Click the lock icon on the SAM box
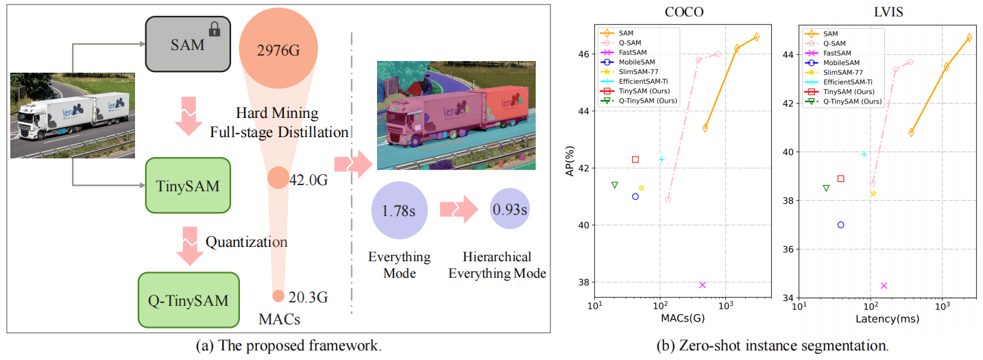tap(215, 29)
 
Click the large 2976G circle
tap(278, 49)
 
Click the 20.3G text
tap(308, 297)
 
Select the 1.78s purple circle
tap(399, 209)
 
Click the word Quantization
tap(247, 241)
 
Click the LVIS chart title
tap(887, 12)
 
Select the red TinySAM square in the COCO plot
tap(635, 160)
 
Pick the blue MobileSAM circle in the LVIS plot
tap(841, 225)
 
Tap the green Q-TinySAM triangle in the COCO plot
tap(615, 184)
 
